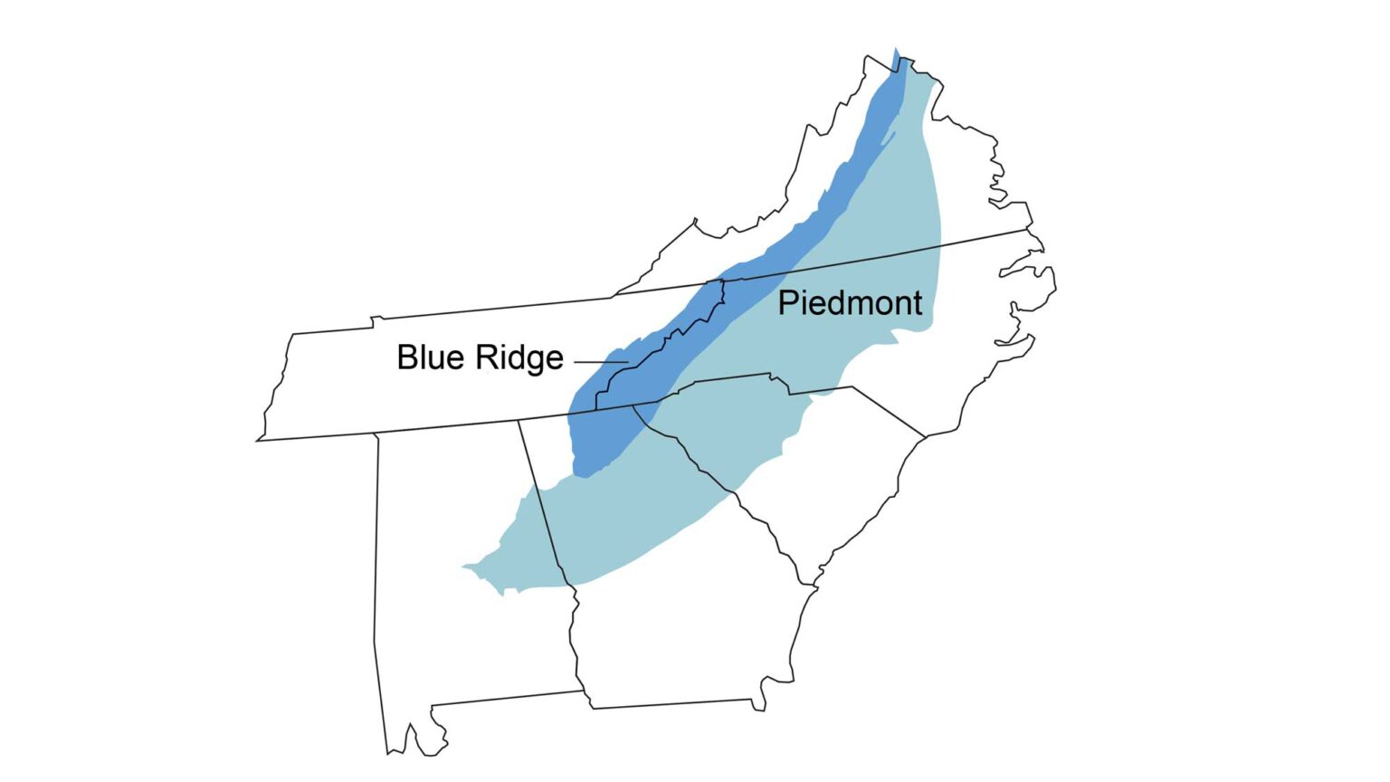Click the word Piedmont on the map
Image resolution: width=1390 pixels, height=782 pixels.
[x=850, y=303]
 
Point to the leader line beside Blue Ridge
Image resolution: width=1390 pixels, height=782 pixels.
[x=600, y=362]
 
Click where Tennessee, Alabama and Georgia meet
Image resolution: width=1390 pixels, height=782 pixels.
[x=519, y=421]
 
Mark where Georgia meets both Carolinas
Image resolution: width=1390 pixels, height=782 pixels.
[x=633, y=407]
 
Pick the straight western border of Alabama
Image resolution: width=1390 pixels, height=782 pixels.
[x=376, y=561]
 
